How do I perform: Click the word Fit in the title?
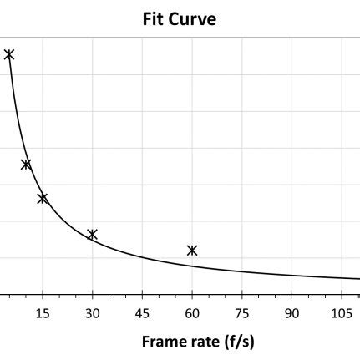tap(155, 18)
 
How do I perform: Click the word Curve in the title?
tap(194, 18)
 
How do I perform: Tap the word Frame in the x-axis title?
tap(162, 341)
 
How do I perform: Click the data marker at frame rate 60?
tap(192, 250)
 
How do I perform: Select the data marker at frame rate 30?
tap(93, 234)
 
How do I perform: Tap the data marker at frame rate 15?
tap(43, 198)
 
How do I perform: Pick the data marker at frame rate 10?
tap(26, 164)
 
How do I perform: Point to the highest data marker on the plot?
tap(9, 54)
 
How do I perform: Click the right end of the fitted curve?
tap(357, 279)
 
